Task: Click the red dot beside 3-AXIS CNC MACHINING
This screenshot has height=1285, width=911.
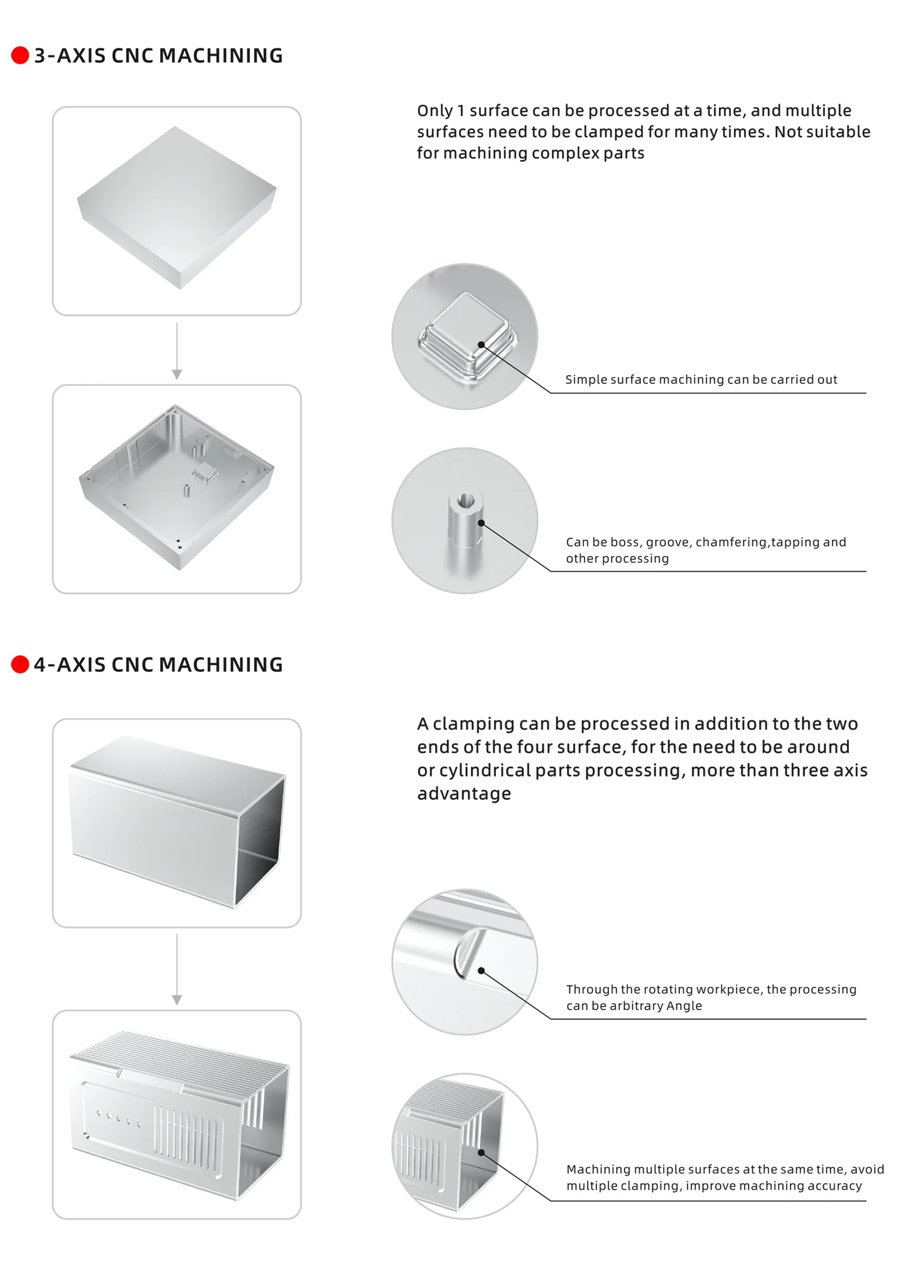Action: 20,55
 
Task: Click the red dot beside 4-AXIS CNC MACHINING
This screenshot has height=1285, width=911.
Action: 20,664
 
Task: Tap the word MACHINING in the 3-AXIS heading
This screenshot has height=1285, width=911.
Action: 220,56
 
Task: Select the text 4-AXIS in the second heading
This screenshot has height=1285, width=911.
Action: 70,665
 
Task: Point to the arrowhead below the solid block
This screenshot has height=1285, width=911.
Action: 177,375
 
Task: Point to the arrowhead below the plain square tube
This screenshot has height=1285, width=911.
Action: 177,1000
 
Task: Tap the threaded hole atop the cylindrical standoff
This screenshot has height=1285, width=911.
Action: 465,499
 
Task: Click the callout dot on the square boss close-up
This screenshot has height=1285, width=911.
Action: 482,344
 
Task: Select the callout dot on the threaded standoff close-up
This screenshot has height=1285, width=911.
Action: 482,523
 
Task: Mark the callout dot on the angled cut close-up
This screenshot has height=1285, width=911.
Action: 482,971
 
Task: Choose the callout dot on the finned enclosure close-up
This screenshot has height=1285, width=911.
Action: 482,1153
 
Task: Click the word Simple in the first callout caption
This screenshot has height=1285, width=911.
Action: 583,380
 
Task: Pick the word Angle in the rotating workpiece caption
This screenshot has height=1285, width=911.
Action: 684,1006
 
